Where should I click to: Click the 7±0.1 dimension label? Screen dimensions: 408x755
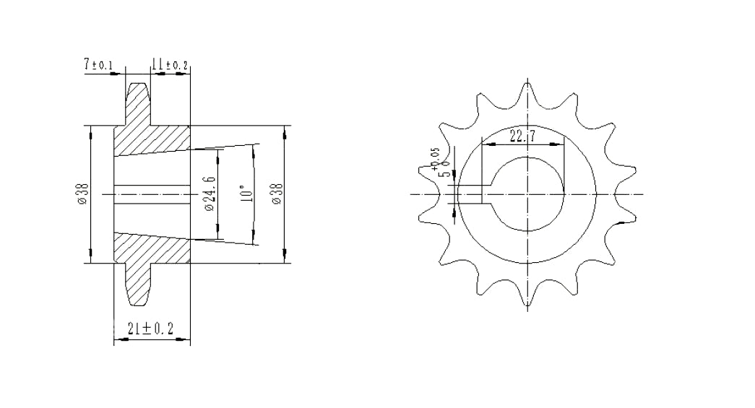pyautogui.click(x=98, y=66)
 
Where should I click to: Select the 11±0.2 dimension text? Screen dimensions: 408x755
pyautogui.click(x=170, y=66)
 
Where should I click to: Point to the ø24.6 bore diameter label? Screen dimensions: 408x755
pyautogui.click(x=210, y=194)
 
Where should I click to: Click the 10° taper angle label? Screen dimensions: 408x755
pyautogui.click(x=246, y=194)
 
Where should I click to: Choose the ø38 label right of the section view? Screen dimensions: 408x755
pyautogui.click(x=277, y=194)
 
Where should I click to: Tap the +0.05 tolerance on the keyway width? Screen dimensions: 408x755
pyautogui.click(x=435, y=158)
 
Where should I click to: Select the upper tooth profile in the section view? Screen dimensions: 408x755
pyautogui.click(x=139, y=101)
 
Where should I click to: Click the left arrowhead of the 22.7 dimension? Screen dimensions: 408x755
pyautogui.click(x=485, y=144)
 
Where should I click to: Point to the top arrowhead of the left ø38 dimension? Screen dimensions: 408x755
pyautogui.click(x=90, y=131)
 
